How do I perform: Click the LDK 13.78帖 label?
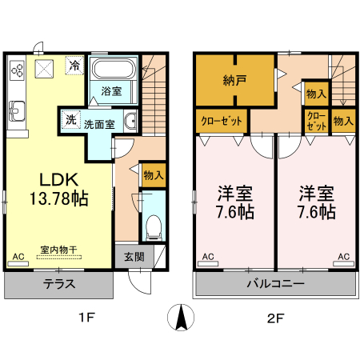pyautogui.click(x=54, y=187)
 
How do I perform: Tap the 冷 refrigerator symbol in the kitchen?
pyautogui.click(x=74, y=66)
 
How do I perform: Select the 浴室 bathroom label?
pyautogui.click(x=111, y=92)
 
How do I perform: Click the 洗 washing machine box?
pyautogui.click(x=70, y=121)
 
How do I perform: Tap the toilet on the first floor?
pyautogui.click(x=154, y=223)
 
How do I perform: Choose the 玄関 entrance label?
pyautogui.click(x=134, y=257)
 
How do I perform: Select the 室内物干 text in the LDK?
pyautogui.click(x=54, y=249)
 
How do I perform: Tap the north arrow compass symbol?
pyautogui.click(x=181, y=318)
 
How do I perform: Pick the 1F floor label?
pyautogui.click(x=86, y=318)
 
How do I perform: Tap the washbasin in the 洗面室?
pyautogui.click(x=131, y=122)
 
